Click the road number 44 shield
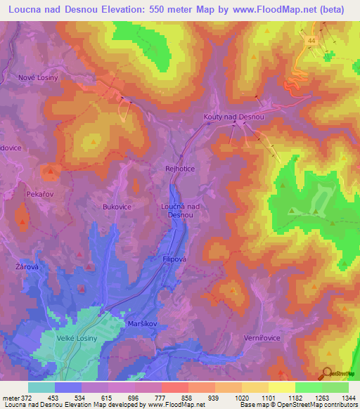pos(310,42)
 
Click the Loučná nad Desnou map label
pos(181,210)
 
